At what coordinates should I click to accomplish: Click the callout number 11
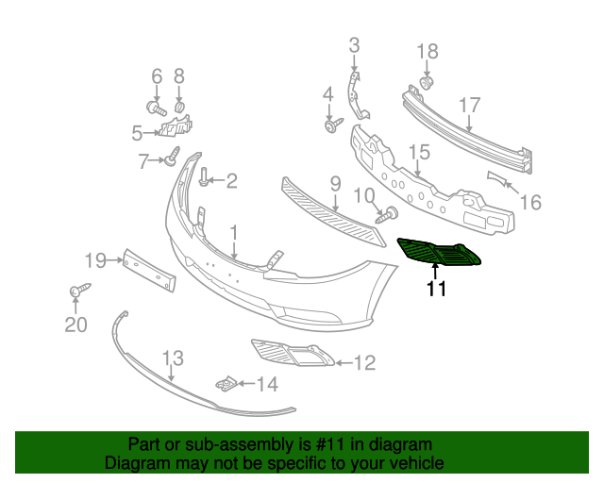435,291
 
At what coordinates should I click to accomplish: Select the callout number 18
428,51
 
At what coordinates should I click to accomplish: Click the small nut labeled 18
427,84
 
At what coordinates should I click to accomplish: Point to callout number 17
470,106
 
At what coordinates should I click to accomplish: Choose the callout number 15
419,151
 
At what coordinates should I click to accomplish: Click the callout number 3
354,44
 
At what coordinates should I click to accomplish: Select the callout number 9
334,182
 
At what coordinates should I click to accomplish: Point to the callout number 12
363,361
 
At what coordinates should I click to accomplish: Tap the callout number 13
172,358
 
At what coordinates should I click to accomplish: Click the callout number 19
96,259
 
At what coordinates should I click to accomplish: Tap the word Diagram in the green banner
134,463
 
